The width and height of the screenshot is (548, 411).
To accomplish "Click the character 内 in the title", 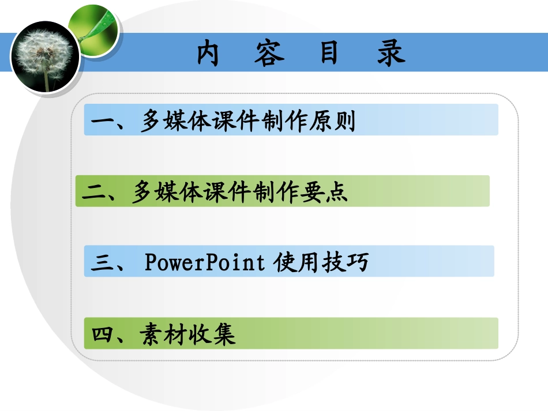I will pyautogui.click(x=208, y=53).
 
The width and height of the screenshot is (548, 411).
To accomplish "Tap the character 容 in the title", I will pyautogui.click(x=269, y=53).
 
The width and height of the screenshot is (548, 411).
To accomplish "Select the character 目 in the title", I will pyautogui.click(x=330, y=53).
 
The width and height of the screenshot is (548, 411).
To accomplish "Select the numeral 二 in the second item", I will pyautogui.click(x=96, y=192).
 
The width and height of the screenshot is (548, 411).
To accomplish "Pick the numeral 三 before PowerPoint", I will pyautogui.click(x=104, y=263).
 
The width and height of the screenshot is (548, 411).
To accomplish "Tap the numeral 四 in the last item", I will pyautogui.click(x=104, y=334).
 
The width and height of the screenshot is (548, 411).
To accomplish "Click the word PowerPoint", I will pyautogui.click(x=204, y=263).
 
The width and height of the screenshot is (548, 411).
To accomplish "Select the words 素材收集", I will pyautogui.click(x=187, y=334).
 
